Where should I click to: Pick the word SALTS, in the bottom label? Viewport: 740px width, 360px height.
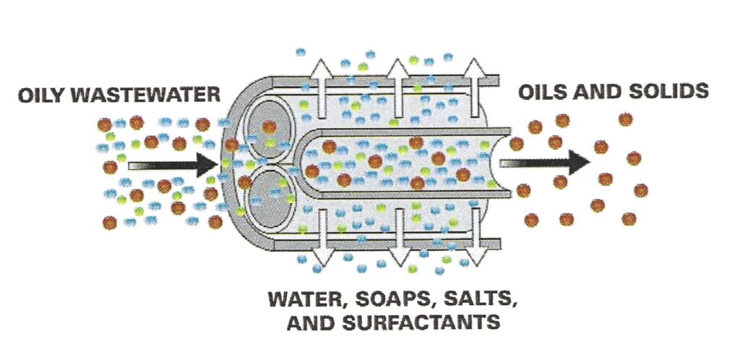(481, 299)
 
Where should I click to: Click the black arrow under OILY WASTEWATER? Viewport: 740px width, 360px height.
(173, 165)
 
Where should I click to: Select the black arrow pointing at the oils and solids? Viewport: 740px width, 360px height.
(544, 163)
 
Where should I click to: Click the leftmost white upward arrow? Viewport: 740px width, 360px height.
(322, 88)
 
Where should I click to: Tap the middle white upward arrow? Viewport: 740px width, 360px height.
(398, 88)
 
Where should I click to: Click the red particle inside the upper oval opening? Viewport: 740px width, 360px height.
(269, 127)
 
